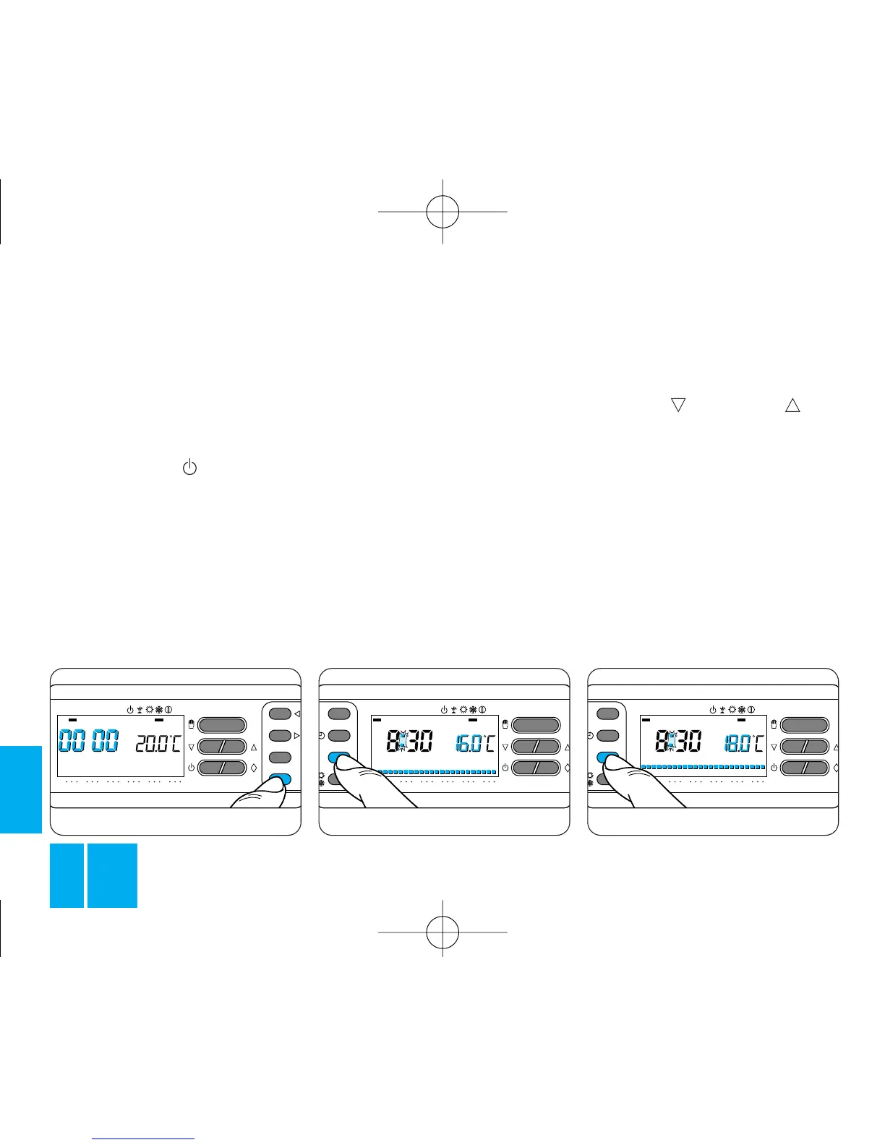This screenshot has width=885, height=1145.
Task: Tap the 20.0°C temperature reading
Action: pyautogui.click(x=158, y=742)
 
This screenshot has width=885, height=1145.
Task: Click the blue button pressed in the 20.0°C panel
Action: pyautogui.click(x=280, y=779)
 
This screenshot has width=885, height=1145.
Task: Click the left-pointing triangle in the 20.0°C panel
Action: pyautogui.click(x=297, y=714)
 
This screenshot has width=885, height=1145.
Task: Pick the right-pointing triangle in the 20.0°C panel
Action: pyautogui.click(x=297, y=735)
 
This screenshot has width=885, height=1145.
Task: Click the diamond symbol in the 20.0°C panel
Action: pyautogui.click(x=254, y=768)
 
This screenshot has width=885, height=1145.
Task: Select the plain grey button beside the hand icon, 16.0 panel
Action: pyautogui.click(x=536, y=725)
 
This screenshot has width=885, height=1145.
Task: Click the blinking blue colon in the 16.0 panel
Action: pyautogui.click(x=403, y=741)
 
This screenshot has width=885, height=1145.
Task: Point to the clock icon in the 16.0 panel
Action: pyautogui.click(x=321, y=736)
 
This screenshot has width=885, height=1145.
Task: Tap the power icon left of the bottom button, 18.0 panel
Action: pyautogui.click(x=774, y=768)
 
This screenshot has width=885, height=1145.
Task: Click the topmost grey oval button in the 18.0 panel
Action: pyautogui.click(x=607, y=713)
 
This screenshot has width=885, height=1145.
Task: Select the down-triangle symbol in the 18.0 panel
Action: pyautogui.click(x=774, y=747)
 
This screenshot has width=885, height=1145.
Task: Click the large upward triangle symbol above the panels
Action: pyautogui.click(x=792, y=405)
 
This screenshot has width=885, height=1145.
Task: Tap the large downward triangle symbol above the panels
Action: pyautogui.click(x=677, y=405)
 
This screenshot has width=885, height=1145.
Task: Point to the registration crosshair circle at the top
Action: pyautogui.click(x=442, y=211)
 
